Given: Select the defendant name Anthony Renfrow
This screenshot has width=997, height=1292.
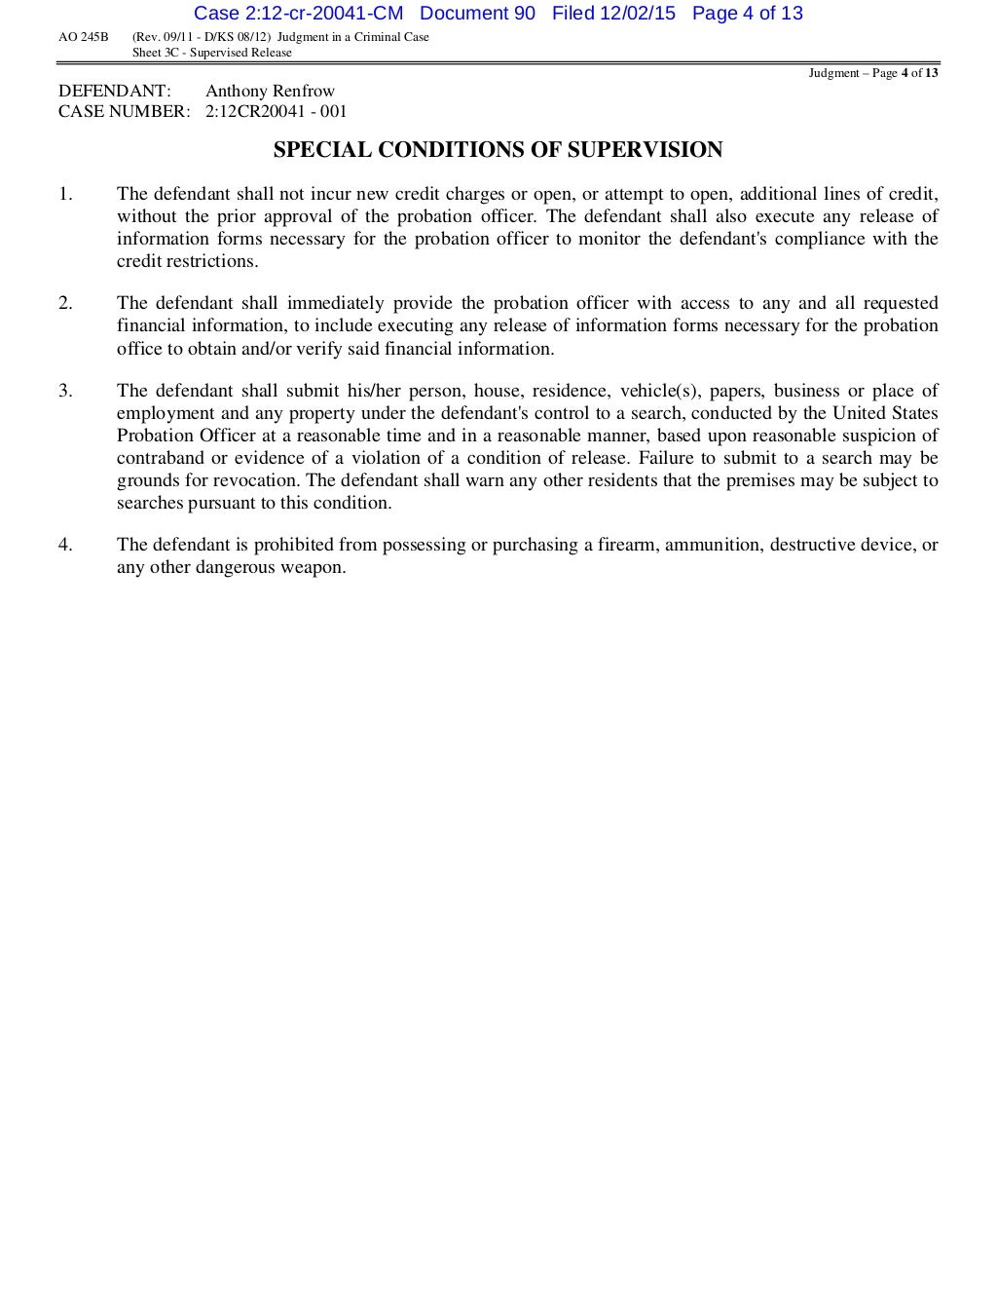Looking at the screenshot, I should click(270, 92).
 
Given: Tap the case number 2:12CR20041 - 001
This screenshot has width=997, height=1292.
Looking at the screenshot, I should click(276, 111).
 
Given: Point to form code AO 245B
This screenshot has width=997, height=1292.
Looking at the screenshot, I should click(84, 37).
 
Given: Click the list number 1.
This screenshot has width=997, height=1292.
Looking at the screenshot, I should click(65, 194).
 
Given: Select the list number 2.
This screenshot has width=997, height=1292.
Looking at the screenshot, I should click(65, 303).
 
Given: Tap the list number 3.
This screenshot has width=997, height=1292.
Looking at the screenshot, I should click(65, 391).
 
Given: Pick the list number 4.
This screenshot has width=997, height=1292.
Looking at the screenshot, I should click(65, 545).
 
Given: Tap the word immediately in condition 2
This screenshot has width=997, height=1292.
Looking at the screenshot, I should click(334, 303).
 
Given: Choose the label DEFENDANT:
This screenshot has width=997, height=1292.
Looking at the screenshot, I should click(115, 92).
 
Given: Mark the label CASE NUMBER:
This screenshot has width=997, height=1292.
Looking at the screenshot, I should click(124, 111).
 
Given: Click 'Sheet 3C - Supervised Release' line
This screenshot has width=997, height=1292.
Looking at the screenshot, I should click(211, 53).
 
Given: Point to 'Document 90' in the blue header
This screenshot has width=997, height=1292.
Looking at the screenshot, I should click(477, 13).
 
